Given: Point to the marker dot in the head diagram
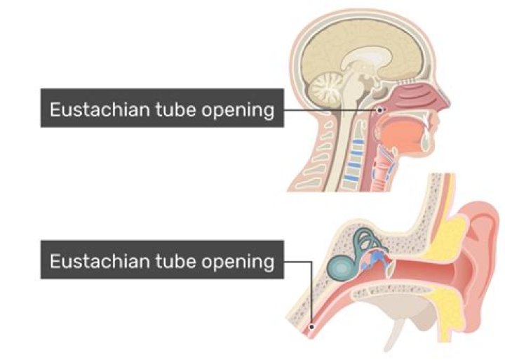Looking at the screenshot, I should (381, 109).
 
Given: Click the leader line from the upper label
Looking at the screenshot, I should (330, 109).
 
